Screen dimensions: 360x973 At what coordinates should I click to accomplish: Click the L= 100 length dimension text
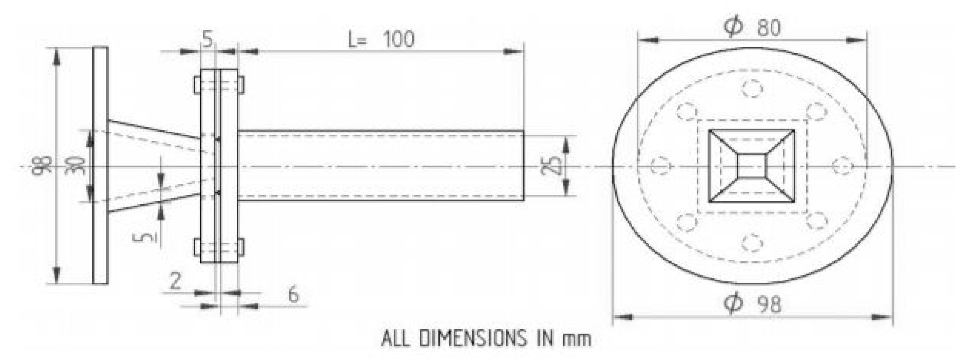pyautogui.click(x=381, y=40)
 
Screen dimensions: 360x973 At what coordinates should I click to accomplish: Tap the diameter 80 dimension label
pyautogui.click(x=752, y=27)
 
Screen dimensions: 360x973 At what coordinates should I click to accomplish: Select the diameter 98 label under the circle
pyautogui.click(x=752, y=304)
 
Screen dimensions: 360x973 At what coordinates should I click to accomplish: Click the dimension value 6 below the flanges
pyautogui.click(x=293, y=295)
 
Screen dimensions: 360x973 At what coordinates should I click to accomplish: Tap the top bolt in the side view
pyautogui.click(x=219, y=85)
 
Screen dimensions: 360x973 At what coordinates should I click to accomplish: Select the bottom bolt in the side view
pyautogui.click(x=219, y=247)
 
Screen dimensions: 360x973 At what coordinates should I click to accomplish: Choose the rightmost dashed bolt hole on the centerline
pyautogui.click(x=843, y=166)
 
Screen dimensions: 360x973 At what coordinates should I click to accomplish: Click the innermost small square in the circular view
pyautogui.click(x=752, y=166)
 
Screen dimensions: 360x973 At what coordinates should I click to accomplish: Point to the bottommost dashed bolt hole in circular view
pyautogui.click(x=752, y=242)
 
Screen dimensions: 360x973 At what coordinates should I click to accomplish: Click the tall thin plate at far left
pyautogui.click(x=100, y=166)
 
